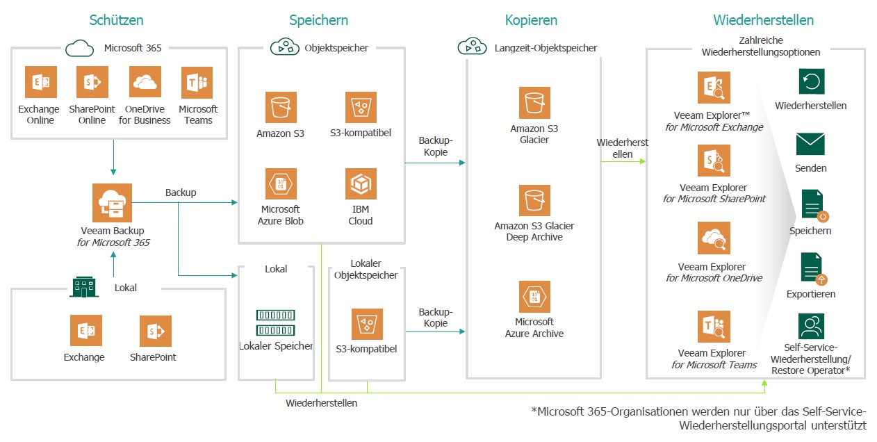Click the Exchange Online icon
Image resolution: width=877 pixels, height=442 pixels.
point(40,82)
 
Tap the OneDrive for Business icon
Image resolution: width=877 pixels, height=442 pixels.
point(145,82)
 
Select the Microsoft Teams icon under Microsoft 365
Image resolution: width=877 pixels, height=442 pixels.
point(197,82)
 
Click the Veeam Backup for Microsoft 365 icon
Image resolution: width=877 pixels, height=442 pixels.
point(112,203)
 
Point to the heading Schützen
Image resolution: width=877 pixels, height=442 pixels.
point(116,20)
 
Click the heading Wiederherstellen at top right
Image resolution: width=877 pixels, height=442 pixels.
point(763,20)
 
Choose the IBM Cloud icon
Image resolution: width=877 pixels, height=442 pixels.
point(361,184)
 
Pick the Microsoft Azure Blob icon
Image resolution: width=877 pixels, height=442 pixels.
point(281,184)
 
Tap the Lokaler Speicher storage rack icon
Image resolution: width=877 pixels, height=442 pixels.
point(275,322)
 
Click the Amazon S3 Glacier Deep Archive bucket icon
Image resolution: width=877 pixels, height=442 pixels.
point(534,200)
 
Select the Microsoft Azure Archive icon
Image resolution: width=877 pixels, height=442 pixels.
point(534,297)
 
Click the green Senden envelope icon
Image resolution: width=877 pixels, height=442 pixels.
point(810,144)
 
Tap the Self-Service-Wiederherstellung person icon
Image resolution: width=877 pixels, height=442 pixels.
point(811,326)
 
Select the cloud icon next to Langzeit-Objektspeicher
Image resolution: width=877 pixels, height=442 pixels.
point(472,47)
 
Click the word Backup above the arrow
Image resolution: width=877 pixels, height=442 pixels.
point(181,192)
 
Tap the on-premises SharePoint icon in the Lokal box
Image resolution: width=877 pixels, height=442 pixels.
point(155,331)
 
